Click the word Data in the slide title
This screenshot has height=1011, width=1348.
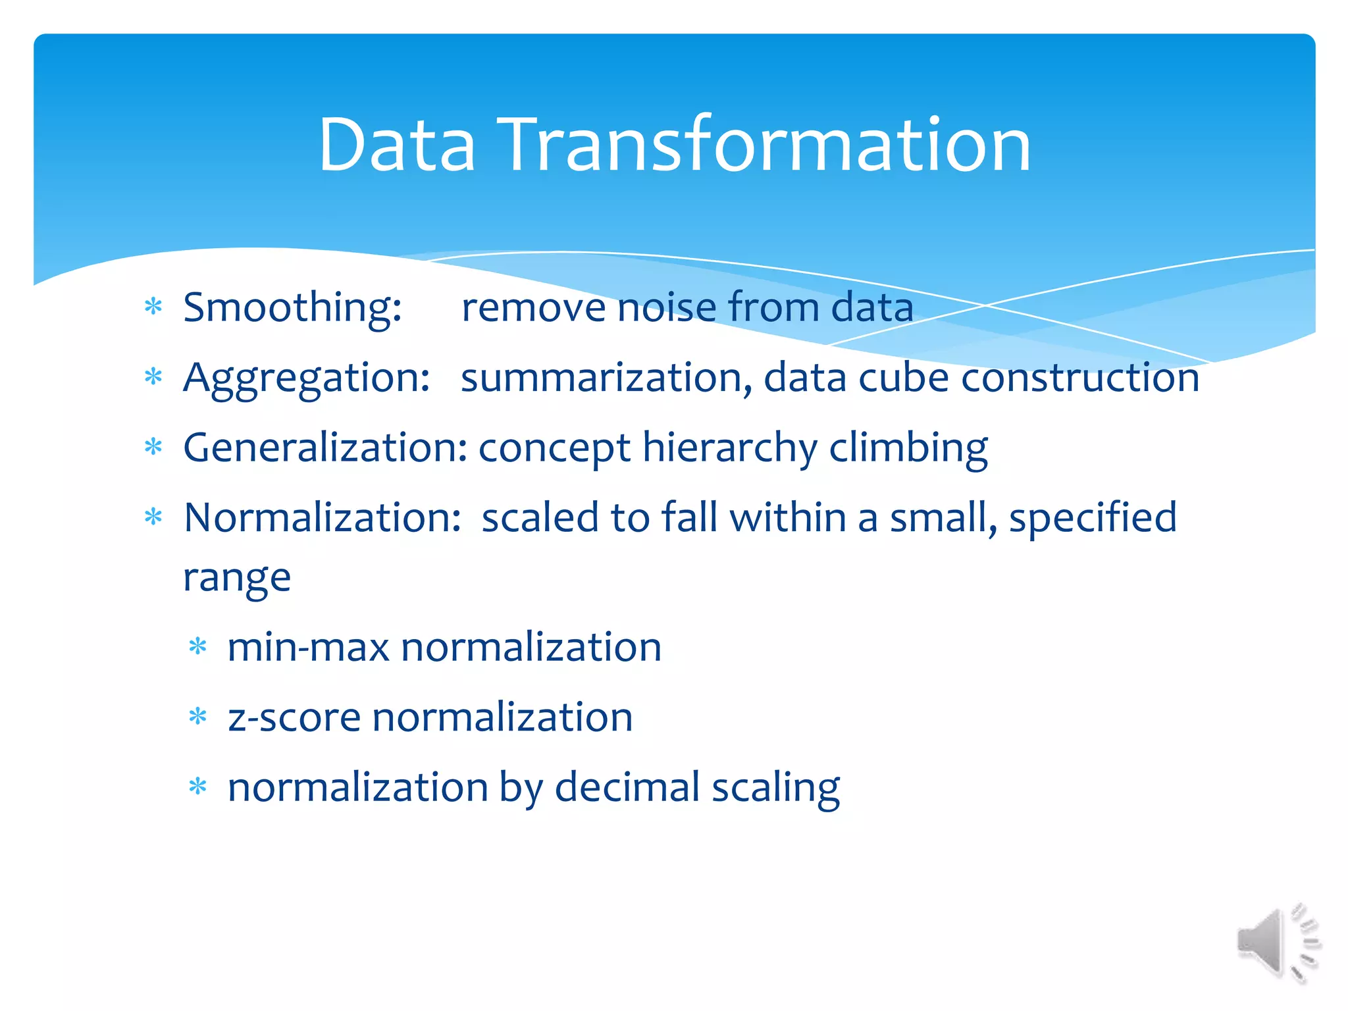coord(396,145)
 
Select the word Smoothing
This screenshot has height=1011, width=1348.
coord(292,308)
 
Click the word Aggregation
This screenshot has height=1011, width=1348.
coord(307,378)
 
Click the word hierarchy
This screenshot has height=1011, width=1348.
coord(729,448)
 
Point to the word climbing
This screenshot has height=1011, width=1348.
coord(908,448)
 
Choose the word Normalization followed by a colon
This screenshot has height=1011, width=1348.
coord(323,518)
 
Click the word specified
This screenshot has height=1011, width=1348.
coord(1093,518)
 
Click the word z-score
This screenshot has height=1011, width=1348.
coord(294,717)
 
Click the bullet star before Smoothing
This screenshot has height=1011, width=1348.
coord(153,307)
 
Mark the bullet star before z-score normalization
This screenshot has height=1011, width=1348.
coord(197,716)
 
